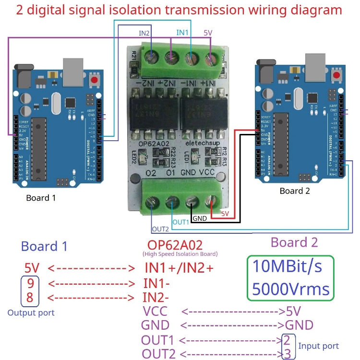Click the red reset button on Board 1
coord(95,80)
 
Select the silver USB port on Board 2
coord(315,64)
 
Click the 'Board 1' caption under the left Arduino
coord(44,198)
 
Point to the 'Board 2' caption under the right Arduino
coord(295,191)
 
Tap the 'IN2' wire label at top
coord(144,33)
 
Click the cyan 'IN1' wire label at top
coord(182,33)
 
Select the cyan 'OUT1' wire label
coord(181,222)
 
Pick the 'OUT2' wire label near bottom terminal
coord(160,229)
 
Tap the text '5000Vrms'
coord(291,289)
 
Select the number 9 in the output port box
coord(30,283)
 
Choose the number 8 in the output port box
coord(30,298)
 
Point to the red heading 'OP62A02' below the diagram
coord(175,244)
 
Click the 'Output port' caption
coord(31,312)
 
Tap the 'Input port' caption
coord(318,346)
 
